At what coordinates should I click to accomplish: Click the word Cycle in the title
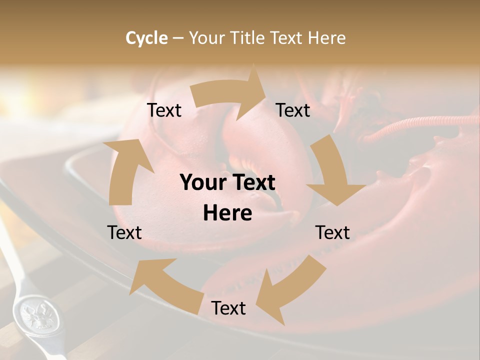pyautogui.click(x=146, y=38)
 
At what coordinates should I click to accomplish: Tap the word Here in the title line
pyautogui.click(x=326, y=38)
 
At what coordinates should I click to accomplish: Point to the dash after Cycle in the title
pyautogui.click(x=178, y=38)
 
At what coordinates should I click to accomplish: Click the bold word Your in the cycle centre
pyautogui.click(x=203, y=183)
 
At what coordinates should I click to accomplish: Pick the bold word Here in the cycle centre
pyautogui.click(x=227, y=213)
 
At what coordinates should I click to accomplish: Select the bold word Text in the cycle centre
pyautogui.click(x=253, y=183)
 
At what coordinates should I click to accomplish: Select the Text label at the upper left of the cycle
pyautogui.click(x=164, y=110)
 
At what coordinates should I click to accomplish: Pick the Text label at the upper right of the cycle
pyautogui.click(x=293, y=110)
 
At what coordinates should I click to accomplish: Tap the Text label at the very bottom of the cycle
pyautogui.click(x=228, y=308)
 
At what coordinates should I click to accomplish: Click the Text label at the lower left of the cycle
pyautogui.click(x=124, y=232)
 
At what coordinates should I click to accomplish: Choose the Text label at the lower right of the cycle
pyautogui.click(x=332, y=232)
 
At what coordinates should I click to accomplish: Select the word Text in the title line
pyautogui.click(x=289, y=38)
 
